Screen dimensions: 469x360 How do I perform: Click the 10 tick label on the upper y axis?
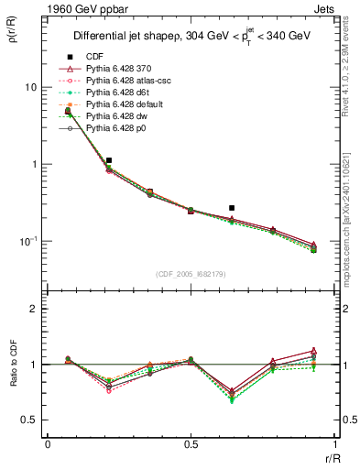pyautogui.click(x=30, y=87)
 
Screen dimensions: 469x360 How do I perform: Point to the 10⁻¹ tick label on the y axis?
pyautogui.click(x=27, y=241)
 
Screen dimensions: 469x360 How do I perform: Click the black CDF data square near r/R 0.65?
pyautogui.click(x=232, y=208)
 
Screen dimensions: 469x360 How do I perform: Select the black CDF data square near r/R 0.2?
pyautogui.click(x=109, y=160)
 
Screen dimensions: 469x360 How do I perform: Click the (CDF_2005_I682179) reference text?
pyautogui.click(x=191, y=274)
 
